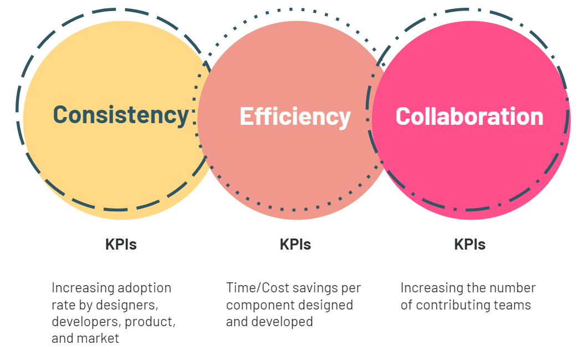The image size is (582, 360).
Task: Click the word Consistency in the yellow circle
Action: coord(121,114)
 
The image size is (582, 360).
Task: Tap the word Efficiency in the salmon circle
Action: coord(295,116)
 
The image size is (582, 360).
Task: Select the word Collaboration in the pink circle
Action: coord(469,116)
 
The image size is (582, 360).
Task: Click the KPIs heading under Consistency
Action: coord(121,245)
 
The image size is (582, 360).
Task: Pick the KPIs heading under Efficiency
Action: coord(295,245)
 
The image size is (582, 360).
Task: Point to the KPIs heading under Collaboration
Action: coord(469,245)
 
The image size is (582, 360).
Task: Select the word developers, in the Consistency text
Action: coord(86,322)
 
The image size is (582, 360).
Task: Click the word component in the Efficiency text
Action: coord(257,305)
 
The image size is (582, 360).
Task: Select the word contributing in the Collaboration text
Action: coord(455,305)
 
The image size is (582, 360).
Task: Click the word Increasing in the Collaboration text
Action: coord(427,288)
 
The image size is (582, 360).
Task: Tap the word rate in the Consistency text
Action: coord(61,305)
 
